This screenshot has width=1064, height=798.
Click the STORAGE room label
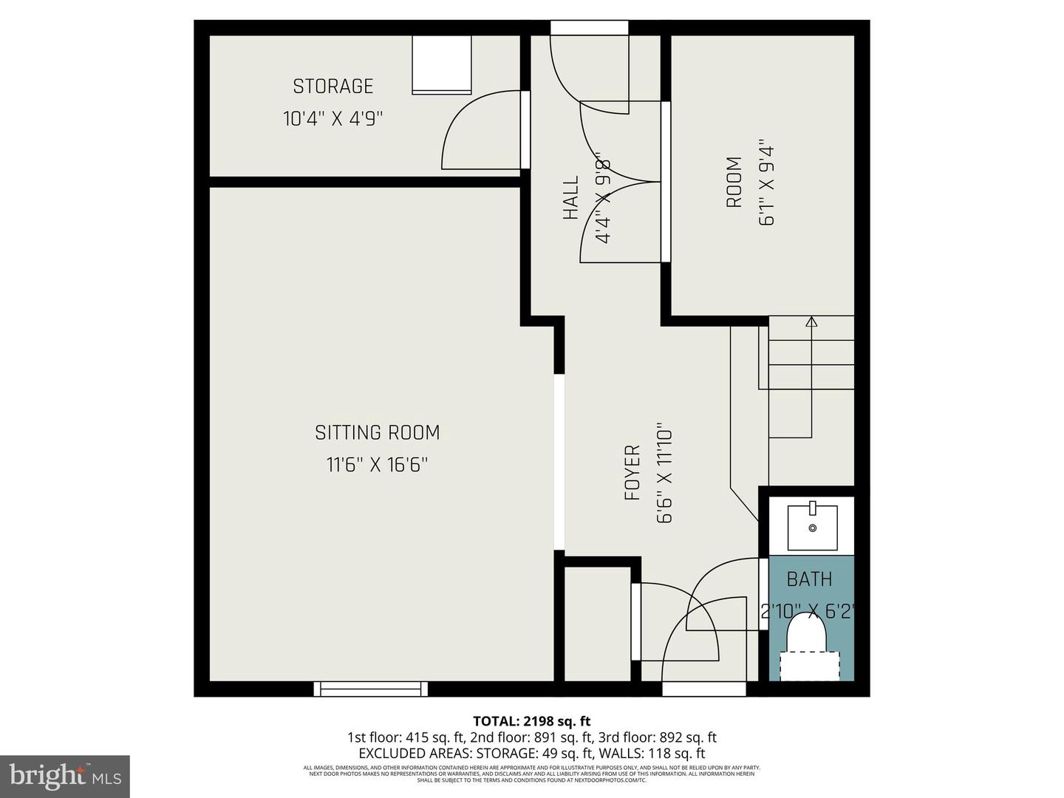click(x=332, y=86)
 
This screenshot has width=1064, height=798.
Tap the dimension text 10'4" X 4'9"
click(x=332, y=118)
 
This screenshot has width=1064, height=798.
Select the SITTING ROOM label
click(x=377, y=432)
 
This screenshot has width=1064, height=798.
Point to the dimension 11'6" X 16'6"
click(x=377, y=465)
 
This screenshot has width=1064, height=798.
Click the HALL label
click(x=570, y=198)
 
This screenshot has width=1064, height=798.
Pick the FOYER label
click(x=632, y=473)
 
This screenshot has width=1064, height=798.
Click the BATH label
click(x=809, y=579)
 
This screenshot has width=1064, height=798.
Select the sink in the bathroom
click(x=812, y=527)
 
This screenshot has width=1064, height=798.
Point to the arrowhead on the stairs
click(x=811, y=321)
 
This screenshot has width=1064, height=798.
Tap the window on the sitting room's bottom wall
click(x=371, y=689)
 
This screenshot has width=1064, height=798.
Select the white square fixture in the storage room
click(x=442, y=64)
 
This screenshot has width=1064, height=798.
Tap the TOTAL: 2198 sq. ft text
click(x=531, y=721)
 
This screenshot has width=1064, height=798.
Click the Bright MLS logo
click(x=65, y=777)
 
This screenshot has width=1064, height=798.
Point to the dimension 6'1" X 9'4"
click(x=766, y=182)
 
